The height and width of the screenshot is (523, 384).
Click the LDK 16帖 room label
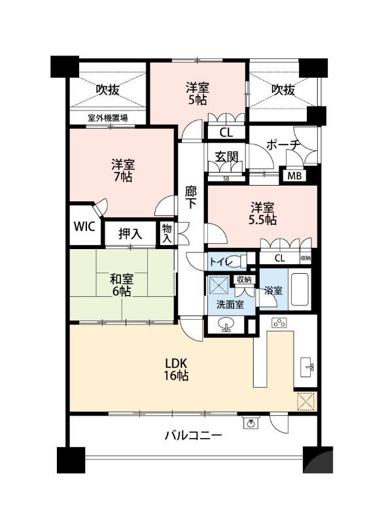176,369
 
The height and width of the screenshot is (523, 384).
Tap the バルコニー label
193,435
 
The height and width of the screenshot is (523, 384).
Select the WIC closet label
84,226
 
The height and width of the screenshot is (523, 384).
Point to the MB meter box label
294,176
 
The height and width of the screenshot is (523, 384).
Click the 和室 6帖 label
122,285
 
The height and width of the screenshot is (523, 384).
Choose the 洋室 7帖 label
123,171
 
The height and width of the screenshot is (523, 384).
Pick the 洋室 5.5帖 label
262,214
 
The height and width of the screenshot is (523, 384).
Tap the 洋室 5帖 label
198,94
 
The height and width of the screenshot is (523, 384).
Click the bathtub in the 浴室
302,290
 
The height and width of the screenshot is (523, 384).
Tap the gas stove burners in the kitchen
279,323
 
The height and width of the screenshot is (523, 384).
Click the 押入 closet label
130,234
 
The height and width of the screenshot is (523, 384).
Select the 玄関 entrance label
226,157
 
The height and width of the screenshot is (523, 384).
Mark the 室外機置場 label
107,118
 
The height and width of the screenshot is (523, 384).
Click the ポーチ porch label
282,145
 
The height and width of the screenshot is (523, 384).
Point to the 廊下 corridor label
191,197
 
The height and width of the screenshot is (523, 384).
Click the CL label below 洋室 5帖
226,133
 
